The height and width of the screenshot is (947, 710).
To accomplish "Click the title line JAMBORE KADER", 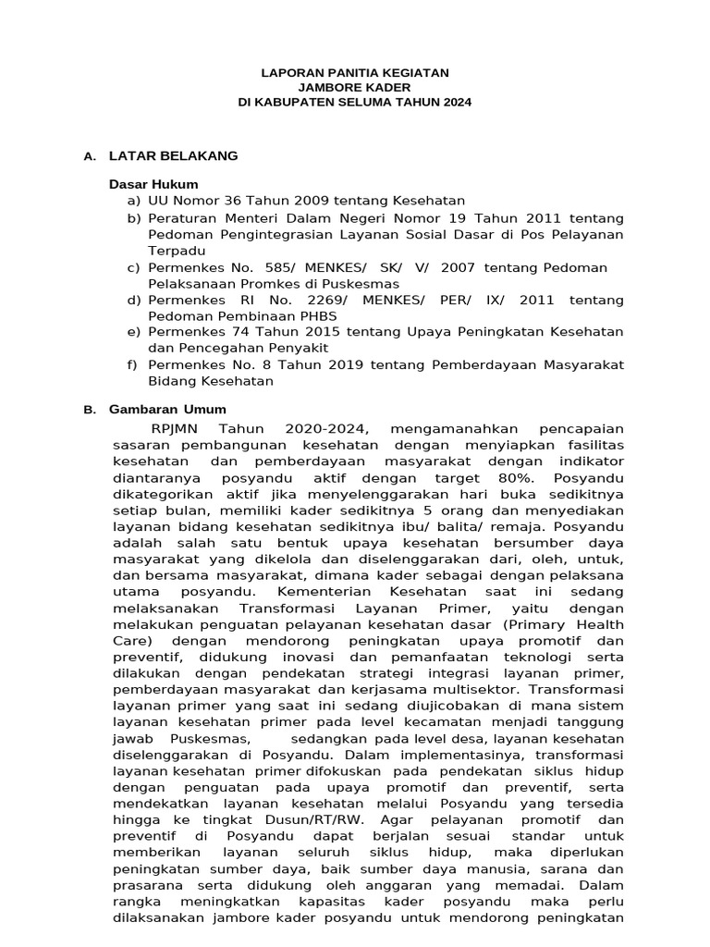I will click(354, 87).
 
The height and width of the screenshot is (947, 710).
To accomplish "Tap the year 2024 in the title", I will click(455, 103).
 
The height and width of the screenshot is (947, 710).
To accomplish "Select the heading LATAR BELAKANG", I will click(173, 156).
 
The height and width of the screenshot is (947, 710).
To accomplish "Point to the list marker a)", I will click(135, 201).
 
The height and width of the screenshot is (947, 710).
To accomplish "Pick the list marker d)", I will click(135, 301).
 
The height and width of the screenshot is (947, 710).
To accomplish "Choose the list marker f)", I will click(135, 364).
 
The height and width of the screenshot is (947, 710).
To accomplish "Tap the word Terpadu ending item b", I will click(177, 251).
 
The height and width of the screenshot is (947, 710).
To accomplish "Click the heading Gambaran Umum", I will click(167, 409).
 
